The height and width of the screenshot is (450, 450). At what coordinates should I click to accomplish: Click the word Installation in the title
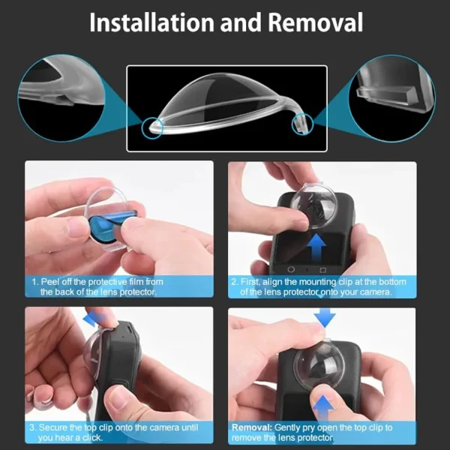(151, 22)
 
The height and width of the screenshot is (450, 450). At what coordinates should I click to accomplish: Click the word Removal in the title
(316, 22)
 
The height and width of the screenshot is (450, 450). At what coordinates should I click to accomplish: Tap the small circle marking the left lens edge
(152, 128)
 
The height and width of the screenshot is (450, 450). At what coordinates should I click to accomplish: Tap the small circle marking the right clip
(303, 124)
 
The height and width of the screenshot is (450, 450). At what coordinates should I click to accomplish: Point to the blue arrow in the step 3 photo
(95, 318)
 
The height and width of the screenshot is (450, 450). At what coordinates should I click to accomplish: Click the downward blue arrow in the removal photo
(325, 318)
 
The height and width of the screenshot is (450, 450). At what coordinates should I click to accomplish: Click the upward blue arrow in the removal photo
(323, 407)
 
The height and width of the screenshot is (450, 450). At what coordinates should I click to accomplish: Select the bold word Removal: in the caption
(252, 427)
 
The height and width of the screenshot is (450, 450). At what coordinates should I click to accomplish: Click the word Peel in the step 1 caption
(49, 281)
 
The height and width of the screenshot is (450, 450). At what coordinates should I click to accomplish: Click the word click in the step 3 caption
(91, 438)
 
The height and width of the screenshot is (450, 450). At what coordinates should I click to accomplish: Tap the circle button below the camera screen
(291, 269)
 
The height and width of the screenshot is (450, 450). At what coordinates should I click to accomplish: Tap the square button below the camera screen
(322, 270)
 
